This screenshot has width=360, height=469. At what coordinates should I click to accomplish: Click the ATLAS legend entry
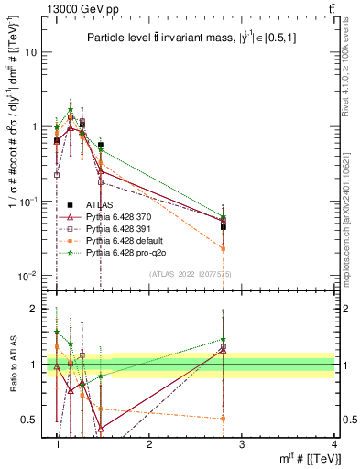[97, 204]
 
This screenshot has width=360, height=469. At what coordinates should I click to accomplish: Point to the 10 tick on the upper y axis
[31, 51]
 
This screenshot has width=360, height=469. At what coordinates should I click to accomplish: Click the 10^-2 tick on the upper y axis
[28, 276]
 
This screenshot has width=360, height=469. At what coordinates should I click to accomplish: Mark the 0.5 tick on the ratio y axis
[29, 420]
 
